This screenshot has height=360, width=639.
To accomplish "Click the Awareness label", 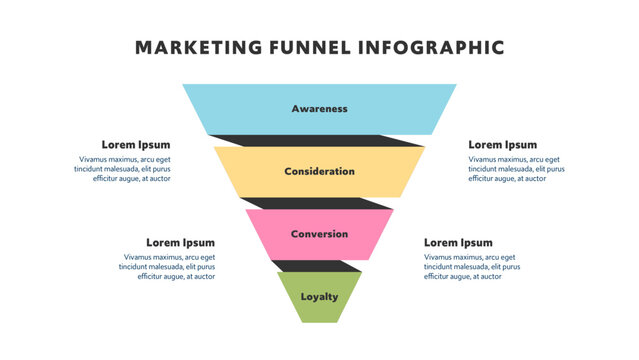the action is (319, 108).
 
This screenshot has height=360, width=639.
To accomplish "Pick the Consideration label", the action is (319, 171).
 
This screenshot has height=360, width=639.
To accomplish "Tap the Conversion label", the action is (319, 234).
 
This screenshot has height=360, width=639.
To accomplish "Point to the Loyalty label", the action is (319, 297).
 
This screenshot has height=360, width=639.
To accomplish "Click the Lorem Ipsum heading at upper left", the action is (136, 145).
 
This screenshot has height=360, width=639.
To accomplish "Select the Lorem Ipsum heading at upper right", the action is (502, 145).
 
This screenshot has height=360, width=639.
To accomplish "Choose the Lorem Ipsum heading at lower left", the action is (180, 243).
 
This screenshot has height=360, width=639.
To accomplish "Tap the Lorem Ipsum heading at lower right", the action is (458, 243).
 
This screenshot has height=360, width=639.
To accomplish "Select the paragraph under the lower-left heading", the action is (167, 266).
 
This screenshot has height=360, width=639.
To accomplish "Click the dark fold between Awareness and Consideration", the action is (320, 140).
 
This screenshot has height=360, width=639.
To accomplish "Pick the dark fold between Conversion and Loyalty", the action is (318, 266).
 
